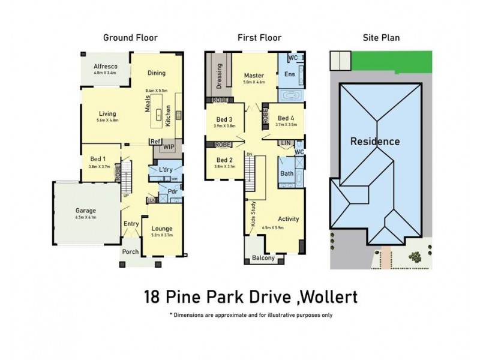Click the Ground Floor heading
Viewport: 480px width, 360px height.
tap(130, 38)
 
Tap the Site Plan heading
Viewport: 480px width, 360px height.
tap(381, 38)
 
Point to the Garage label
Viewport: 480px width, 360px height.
tap(86, 211)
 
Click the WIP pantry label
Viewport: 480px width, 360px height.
tap(169, 145)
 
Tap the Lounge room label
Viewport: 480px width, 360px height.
tap(162, 229)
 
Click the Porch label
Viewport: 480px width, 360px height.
tap(130, 253)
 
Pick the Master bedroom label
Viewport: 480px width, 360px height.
tap(254, 75)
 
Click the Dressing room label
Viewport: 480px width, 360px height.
tap(220, 75)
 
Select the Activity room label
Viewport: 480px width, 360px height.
tap(288, 219)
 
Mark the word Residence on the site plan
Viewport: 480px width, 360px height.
tap(375, 142)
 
